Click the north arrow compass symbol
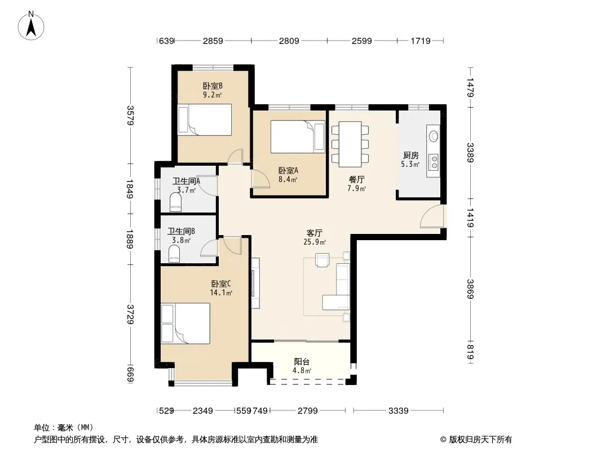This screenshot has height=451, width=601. tap(30, 26)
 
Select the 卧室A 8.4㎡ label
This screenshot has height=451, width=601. tap(288, 174)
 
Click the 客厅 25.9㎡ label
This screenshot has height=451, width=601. tap(314, 237)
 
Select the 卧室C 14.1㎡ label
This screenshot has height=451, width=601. tap(221, 288)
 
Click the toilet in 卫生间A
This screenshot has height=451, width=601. tap(175, 202)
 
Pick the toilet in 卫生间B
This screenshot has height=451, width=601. tap(174, 254)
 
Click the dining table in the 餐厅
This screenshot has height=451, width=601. tap(350, 144)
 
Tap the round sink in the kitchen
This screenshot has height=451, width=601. tap(434, 136)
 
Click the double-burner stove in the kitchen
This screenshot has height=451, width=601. tap(434, 162)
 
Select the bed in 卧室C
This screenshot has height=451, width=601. tap(185, 324)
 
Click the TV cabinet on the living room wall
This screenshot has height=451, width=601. tap(255, 283)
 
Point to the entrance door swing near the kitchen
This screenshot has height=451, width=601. tap(432, 217)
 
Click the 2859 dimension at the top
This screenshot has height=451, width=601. tap(213, 41)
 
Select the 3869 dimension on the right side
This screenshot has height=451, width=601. tap(470, 289)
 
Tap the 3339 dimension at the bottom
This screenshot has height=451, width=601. tap(398, 411)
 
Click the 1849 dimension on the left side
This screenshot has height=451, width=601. tap(130, 189)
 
